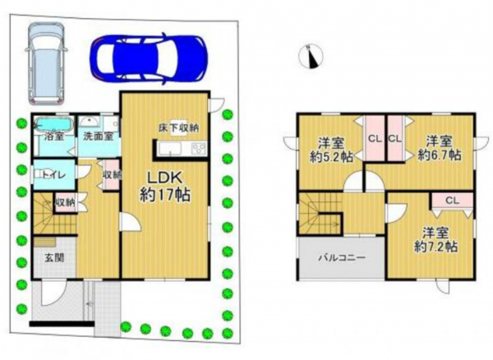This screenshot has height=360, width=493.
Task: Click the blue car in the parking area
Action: [148, 57]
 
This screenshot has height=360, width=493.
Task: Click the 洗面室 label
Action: [98, 136]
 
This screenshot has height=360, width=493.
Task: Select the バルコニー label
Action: [342, 258]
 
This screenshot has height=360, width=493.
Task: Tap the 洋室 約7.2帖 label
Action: [434, 238]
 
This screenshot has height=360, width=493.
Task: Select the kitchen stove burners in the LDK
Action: [198, 148]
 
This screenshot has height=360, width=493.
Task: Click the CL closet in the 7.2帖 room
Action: [452, 200]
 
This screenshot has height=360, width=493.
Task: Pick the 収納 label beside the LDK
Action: [112, 174]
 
